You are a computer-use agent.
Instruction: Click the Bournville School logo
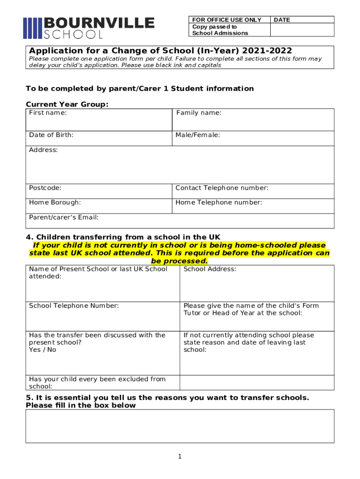89,28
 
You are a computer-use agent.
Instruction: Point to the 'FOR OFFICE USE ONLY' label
227,20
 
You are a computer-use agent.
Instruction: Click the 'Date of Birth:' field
99,138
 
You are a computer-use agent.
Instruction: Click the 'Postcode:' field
99,191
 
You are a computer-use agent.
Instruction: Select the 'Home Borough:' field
99,206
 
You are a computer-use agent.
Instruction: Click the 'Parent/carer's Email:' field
180,221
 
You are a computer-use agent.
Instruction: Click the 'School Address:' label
210,269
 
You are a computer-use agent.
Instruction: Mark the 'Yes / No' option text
43,349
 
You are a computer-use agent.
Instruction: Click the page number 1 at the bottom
180,457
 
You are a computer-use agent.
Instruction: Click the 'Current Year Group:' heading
67,104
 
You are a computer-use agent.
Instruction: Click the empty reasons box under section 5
180,426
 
